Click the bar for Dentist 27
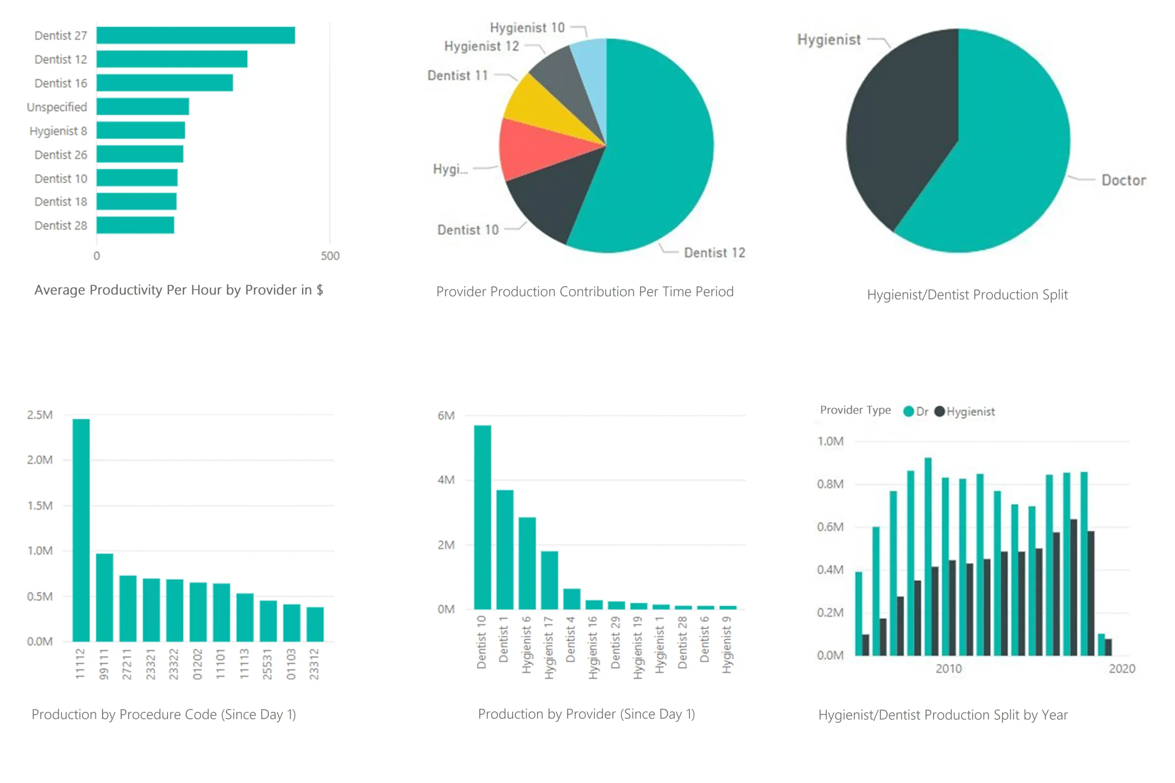pyautogui.click(x=196, y=35)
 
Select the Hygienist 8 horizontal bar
pyautogui.click(x=141, y=130)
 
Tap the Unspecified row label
pyautogui.click(x=57, y=107)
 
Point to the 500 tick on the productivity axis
pyautogui.click(x=330, y=255)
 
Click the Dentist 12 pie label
pyautogui.click(x=714, y=253)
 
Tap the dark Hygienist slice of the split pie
pyautogui.click(x=899, y=125)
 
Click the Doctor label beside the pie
pyautogui.click(x=1124, y=180)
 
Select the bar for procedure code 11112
pyautogui.click(x=81, y=529)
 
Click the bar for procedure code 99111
pyautogui.click(x=104, y=597)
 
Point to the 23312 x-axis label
pyautogui.click(x=314, y=664)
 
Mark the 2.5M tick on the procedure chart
pyautogui.click(x=39, y=415)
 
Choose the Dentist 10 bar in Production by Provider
pyautogui.click(x=482, y=517)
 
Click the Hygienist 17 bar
pyautogui.click(x=549, y=580)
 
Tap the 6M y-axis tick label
pyautogui.click(x=446, y=416)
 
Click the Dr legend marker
pyautogui.click(x=908, y=411)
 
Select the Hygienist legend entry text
pyautogui.click(x=970, y=411)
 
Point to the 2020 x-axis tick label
pyautogui.click(x=1122, y=669)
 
